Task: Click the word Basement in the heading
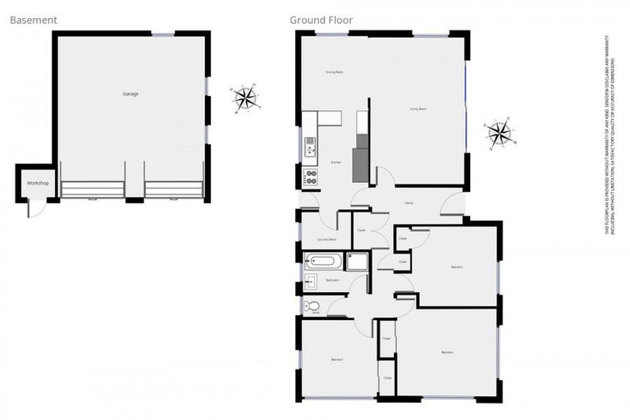pos(33,20)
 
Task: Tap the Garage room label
pos(130,94)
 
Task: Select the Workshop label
pos(36,182)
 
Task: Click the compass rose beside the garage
pos(244,98)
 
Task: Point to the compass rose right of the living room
pos(499,132)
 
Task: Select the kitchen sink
pos(310,147)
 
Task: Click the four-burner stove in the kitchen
pos(311,176)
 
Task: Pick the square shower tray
pos(358,262)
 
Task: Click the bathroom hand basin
pos(311,282)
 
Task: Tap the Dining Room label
pos(334,73)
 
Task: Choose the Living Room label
pos(418,109)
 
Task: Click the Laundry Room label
pos(326,240)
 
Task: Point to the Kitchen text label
pos(336,162)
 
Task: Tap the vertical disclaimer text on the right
pos(609,135)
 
